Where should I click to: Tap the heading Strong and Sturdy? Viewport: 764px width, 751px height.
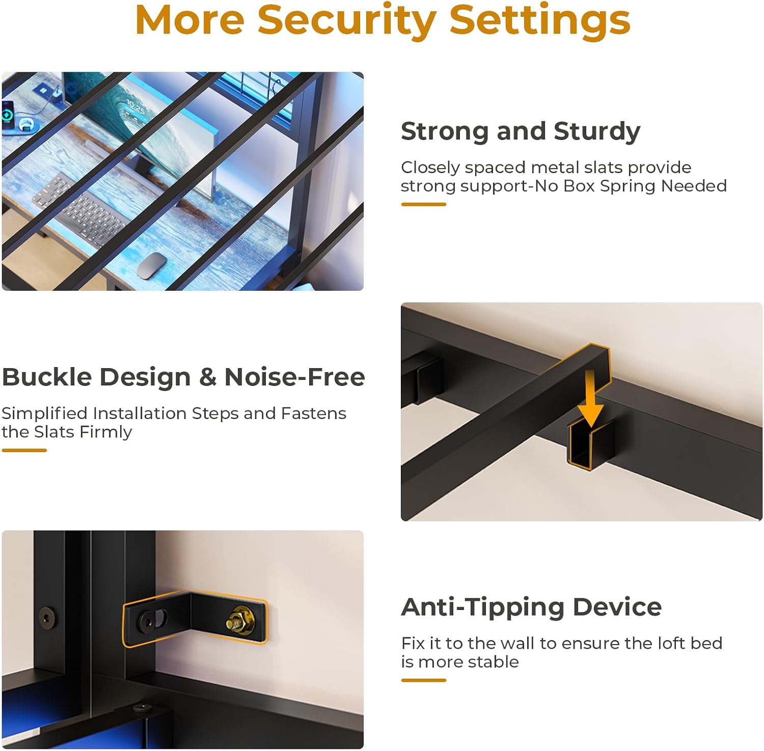(521, 132)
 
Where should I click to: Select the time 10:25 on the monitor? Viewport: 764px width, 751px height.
(135, 107)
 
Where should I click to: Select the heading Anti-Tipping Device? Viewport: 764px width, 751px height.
(531, 607)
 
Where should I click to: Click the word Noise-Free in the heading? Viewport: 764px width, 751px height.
(295, 377)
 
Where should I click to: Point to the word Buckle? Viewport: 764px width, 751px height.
(47, 377)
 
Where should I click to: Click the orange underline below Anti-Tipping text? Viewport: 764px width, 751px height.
(424, 680)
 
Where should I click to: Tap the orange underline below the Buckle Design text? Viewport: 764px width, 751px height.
(24, 450)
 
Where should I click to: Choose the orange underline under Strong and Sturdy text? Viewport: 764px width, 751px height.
(424, 204)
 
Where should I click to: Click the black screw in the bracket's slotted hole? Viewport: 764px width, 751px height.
(148, 621)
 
